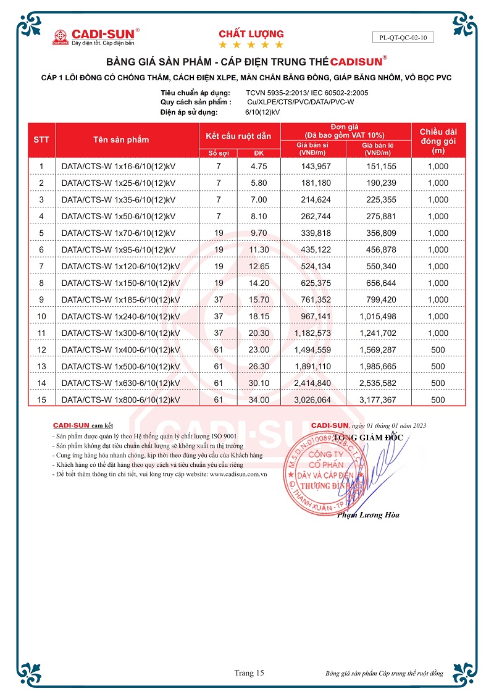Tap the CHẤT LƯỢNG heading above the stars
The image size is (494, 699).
point(251,34)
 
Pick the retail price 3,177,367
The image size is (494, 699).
point(379,400)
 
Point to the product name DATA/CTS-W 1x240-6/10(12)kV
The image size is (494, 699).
point(121,316)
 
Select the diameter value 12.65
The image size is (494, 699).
point(259,266)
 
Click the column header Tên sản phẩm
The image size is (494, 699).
point(121,140)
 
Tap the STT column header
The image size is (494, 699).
point(41,140)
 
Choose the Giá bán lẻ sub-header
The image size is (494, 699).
point(379,148)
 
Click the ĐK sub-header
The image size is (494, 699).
point(259,153)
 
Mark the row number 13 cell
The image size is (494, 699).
point(41,366)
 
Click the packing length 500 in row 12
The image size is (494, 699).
point(438,349)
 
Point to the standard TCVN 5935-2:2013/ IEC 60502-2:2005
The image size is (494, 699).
point(302,93)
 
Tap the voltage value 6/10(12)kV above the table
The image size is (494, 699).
point(262,112)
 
